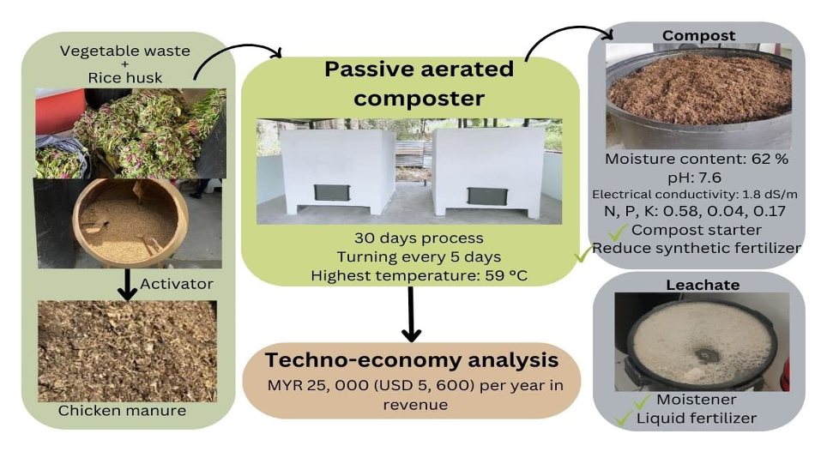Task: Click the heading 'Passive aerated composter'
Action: click(419, 83)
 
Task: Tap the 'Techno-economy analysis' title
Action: click(412, 360)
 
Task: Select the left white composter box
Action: click(327, 171)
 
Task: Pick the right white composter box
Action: click(486, 171)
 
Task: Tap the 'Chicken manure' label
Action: click(122, 411)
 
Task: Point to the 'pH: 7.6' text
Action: click(697, 178)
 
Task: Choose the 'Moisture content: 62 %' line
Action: click(697, 160)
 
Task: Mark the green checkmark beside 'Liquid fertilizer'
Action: click(625, 418)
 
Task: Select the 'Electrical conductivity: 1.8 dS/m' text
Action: click(697, 195)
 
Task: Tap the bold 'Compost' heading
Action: click(698, 36)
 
